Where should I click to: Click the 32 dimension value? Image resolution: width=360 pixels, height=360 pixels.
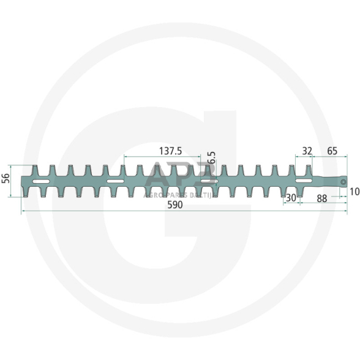[x=307, y=150]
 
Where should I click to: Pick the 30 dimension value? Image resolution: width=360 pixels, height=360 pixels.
[x=291, y=198]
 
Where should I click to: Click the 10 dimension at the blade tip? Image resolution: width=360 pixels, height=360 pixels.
[x=354, y=192]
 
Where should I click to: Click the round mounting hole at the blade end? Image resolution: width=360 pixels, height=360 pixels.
[x=344, y=181]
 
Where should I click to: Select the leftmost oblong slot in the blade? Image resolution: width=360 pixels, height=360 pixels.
[x=41, y=182]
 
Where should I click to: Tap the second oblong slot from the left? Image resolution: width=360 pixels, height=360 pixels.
[x=115, y=182]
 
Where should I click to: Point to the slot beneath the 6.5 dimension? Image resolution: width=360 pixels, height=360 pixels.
[x=208, y=181]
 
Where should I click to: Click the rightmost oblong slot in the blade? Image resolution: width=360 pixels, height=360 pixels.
[x=303, y=181]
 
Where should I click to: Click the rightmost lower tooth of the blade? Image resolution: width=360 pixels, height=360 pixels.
[x=301, y=192]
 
